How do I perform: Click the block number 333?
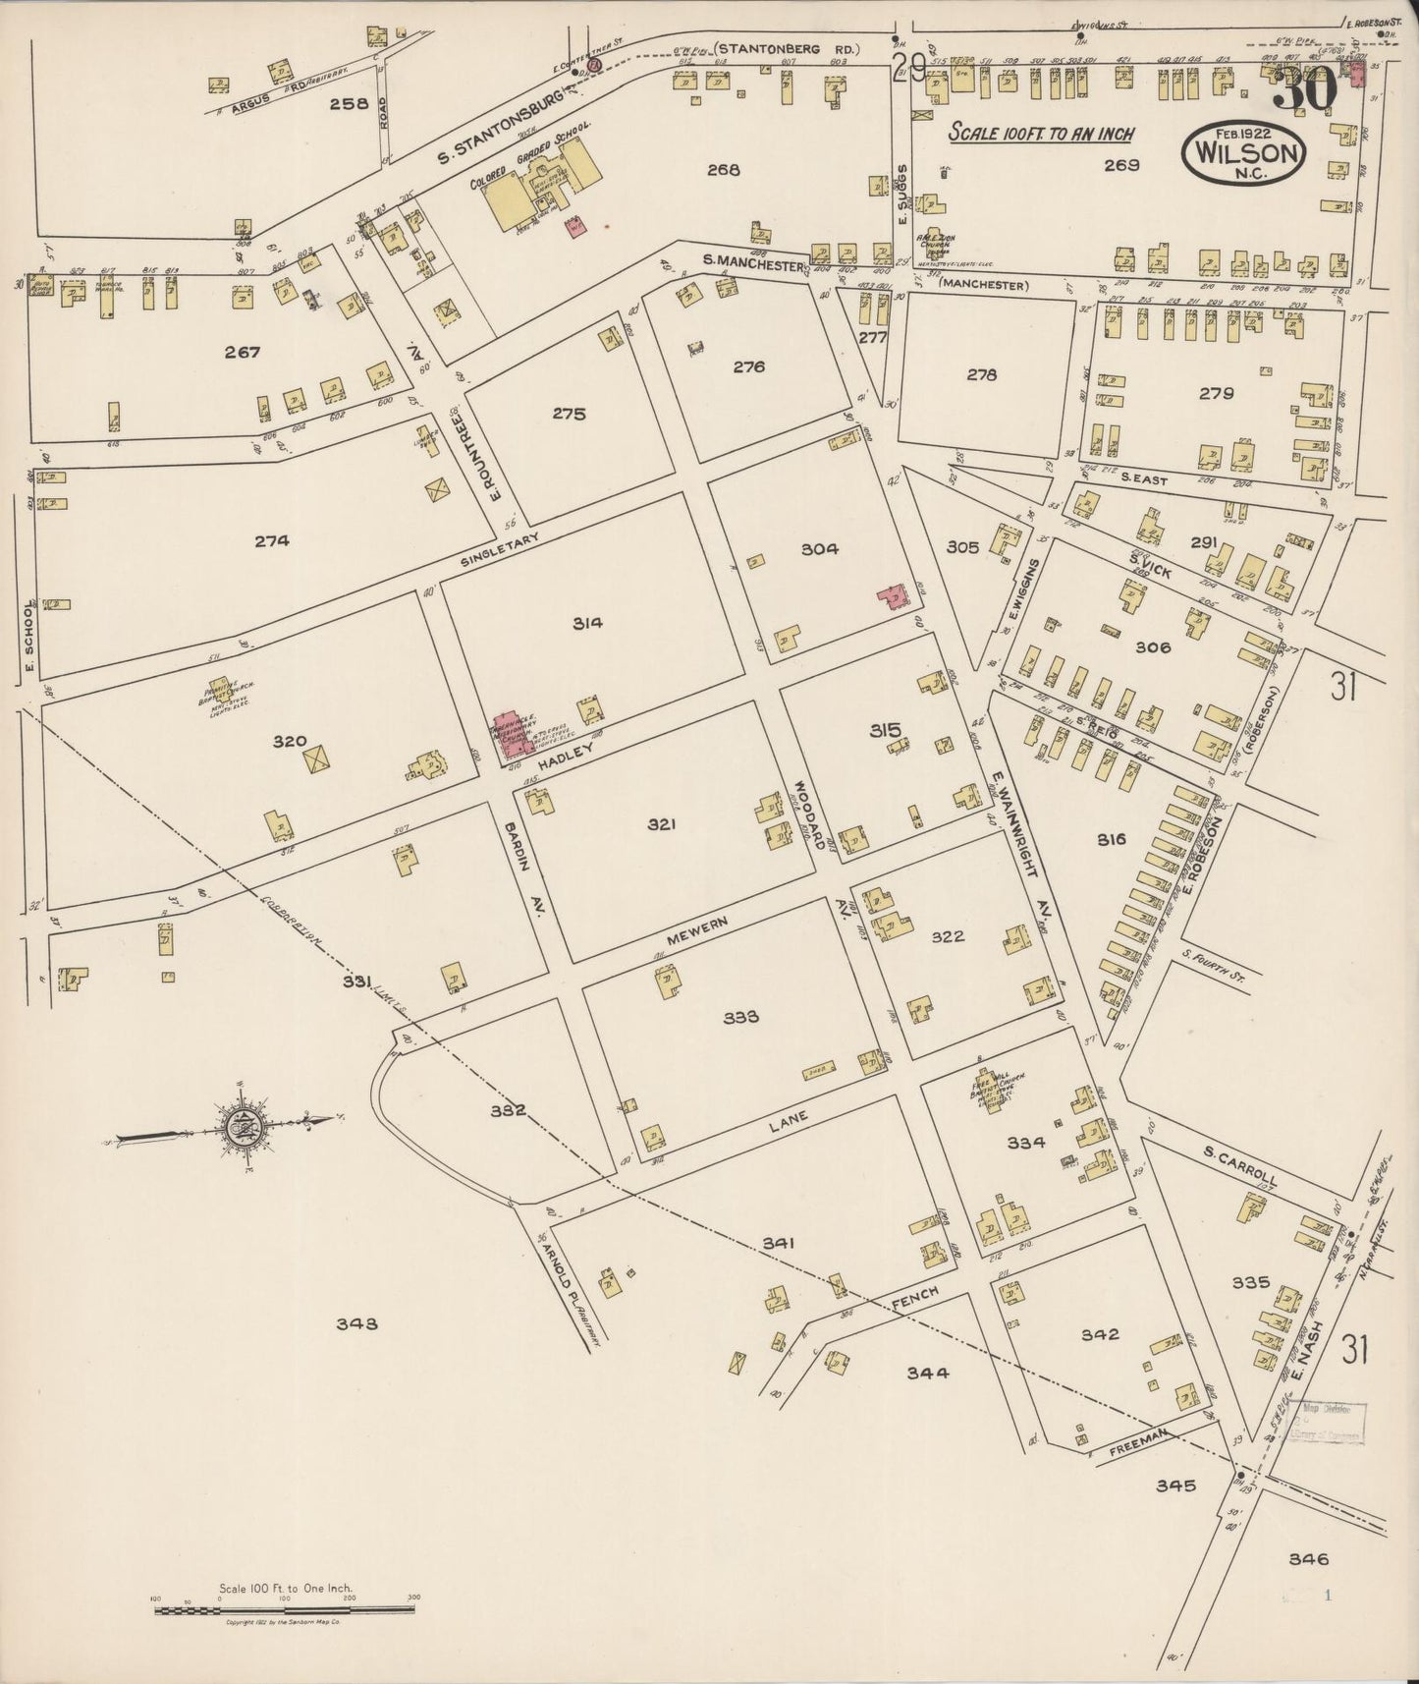point(740,1017)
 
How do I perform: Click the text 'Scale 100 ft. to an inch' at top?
point(1041,134)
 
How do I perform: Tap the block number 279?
point(1216,393)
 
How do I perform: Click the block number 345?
point(1175,1485)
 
